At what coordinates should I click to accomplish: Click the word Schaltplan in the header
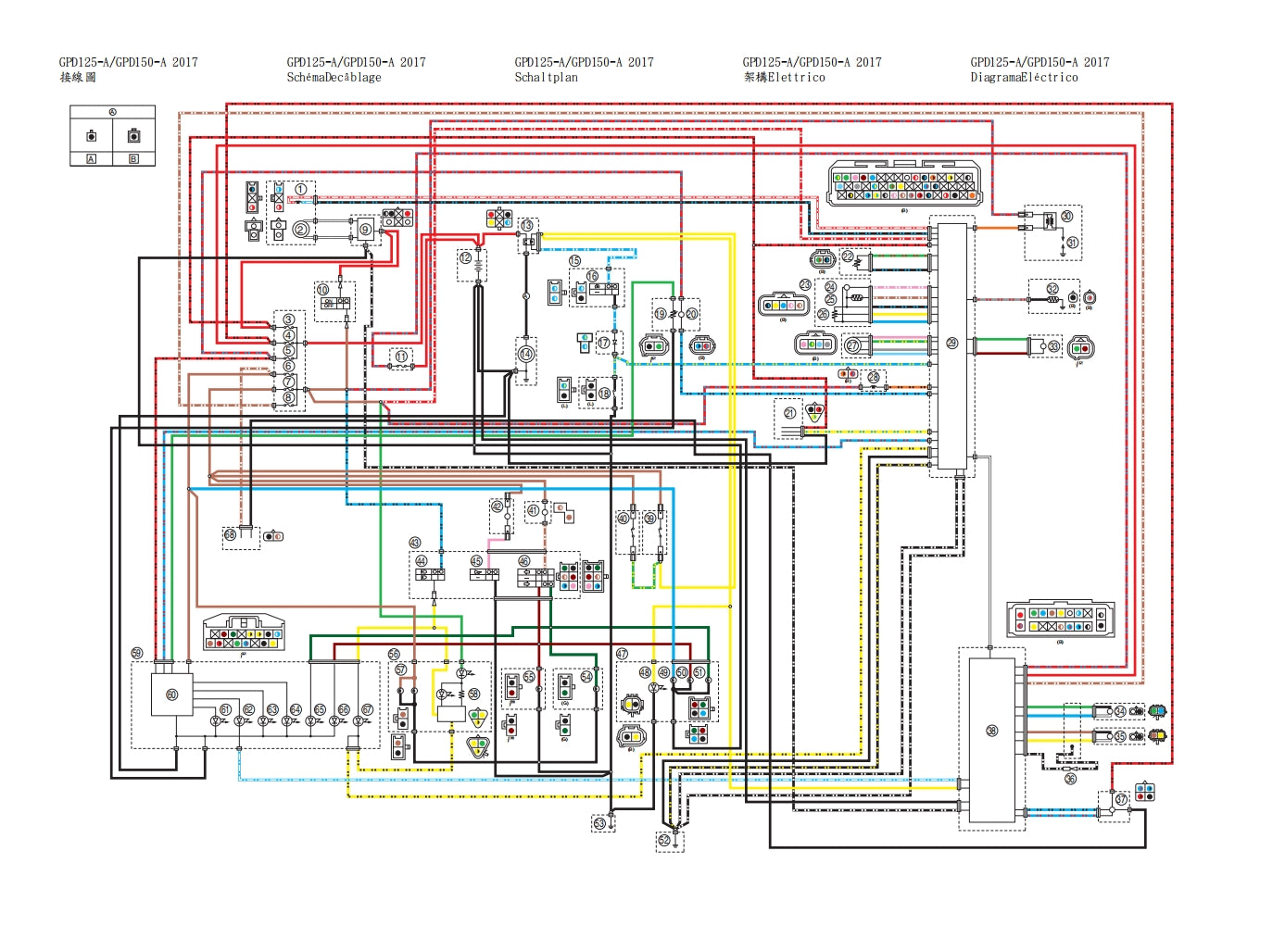coord(546,78)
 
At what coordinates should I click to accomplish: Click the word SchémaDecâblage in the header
coord(334,78)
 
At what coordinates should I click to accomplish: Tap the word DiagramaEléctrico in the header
coord(1024,78)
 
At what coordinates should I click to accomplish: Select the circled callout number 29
coord(951,344)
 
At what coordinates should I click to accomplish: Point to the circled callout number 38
coord(991,731)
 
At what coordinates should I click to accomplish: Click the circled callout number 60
coord(171,694)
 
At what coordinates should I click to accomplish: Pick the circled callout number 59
coord(137,654)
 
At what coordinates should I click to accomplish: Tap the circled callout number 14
coord(525,354)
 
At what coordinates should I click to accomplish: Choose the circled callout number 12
coord(465,257)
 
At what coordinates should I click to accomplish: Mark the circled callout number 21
coord(789,413)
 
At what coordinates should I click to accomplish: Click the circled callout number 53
coord(599,823)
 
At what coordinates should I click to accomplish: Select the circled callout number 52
coord(664,840)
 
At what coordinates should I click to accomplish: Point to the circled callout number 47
coord(622,654)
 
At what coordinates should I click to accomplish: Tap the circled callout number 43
coord(415,544)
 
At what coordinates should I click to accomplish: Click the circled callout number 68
coord(230,535)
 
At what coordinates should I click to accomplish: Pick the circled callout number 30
coord(1066,216)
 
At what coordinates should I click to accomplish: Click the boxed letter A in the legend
coord(91,159)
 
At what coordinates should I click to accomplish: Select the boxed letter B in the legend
coord(133,159)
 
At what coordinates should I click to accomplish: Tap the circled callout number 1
coord(300,189)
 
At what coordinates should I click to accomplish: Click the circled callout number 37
coord(1121,798)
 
